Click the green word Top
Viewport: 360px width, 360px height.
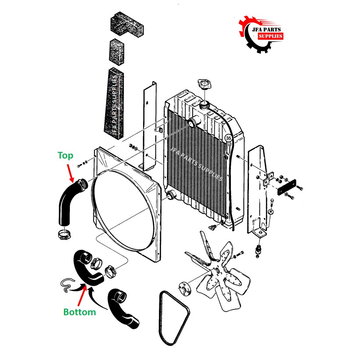(x=65, y=155)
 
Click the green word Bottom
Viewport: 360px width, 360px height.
(x=79, y=312)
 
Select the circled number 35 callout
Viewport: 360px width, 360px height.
(x=228, y=138)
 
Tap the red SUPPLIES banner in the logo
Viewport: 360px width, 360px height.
(x=270, y=36)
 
